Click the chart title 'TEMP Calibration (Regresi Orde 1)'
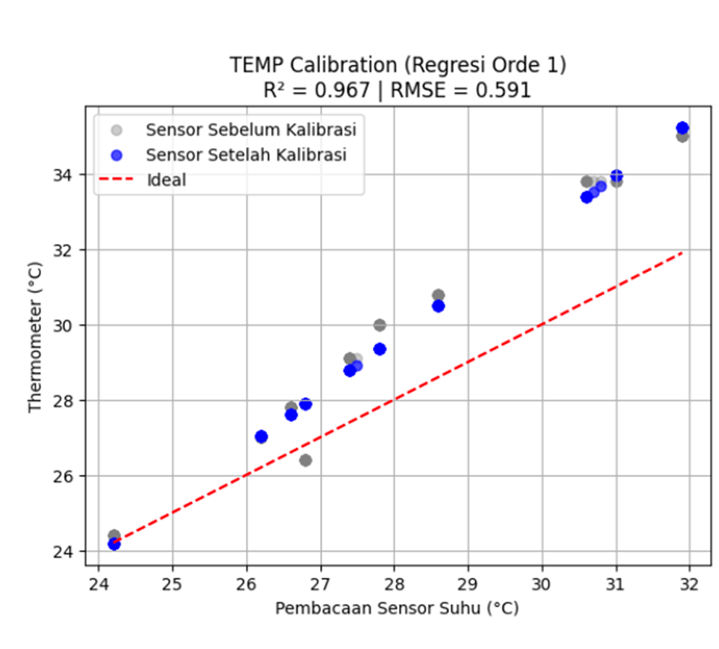[x=398, y=65]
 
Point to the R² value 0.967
[x=342, y=90]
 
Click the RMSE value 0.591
[x=503, y=90]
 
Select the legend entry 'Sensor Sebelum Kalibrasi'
[x=251, y=130]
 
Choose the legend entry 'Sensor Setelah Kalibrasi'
[x=246, y=155]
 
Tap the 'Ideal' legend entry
[x=166, y=180]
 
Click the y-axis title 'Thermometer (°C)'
[x=35, y=337]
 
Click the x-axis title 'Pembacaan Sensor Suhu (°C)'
[x=397, y=608]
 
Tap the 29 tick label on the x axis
[x=468, y=584]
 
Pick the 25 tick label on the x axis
[x=172, y=584]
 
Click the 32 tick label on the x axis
[x=690, y=584]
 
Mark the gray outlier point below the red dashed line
[x=305, y=461]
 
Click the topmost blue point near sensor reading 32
[x=682, y=128]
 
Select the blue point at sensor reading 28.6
[x=438, y=306]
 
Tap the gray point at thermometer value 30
[x=380, y=325]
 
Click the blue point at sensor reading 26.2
[x=261, y=437]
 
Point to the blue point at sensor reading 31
[x=616, y=175]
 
